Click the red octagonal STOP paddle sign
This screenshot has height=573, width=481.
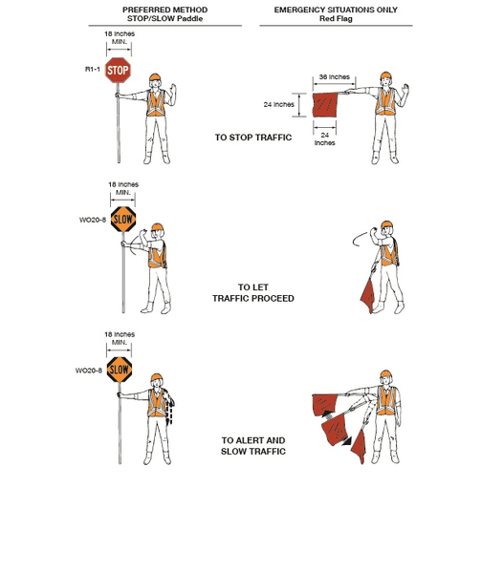(118, 69)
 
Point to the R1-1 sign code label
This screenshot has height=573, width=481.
(90, 68)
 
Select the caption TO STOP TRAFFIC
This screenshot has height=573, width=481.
(251, 138)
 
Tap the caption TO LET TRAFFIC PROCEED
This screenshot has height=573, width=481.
(252, 292)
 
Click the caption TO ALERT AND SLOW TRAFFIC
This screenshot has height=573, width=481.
(253, 446)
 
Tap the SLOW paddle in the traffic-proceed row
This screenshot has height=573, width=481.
(121, 219)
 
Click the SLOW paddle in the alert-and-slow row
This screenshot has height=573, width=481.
(119, 369)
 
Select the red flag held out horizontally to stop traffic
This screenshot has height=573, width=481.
(325, 106)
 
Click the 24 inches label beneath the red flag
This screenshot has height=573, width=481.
(326, 139)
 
